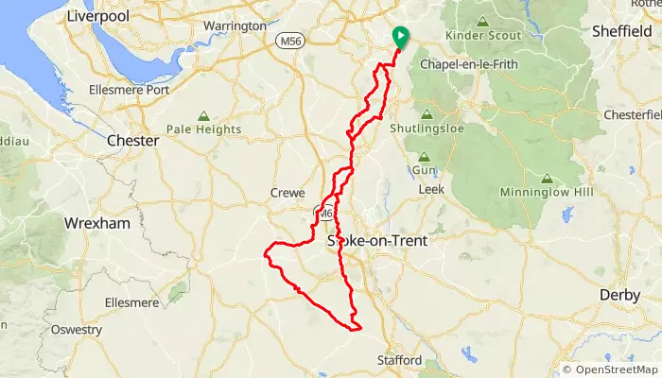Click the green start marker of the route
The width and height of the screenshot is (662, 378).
(400, 36)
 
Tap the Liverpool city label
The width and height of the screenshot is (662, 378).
(98, 16)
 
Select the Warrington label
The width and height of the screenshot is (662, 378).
(235, 26)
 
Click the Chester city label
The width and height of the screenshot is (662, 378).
(132, 140)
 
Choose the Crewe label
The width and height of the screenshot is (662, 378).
(287, 192)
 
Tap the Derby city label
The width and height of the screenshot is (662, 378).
(620, 295)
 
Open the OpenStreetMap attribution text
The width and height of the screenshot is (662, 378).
(612, 369)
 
